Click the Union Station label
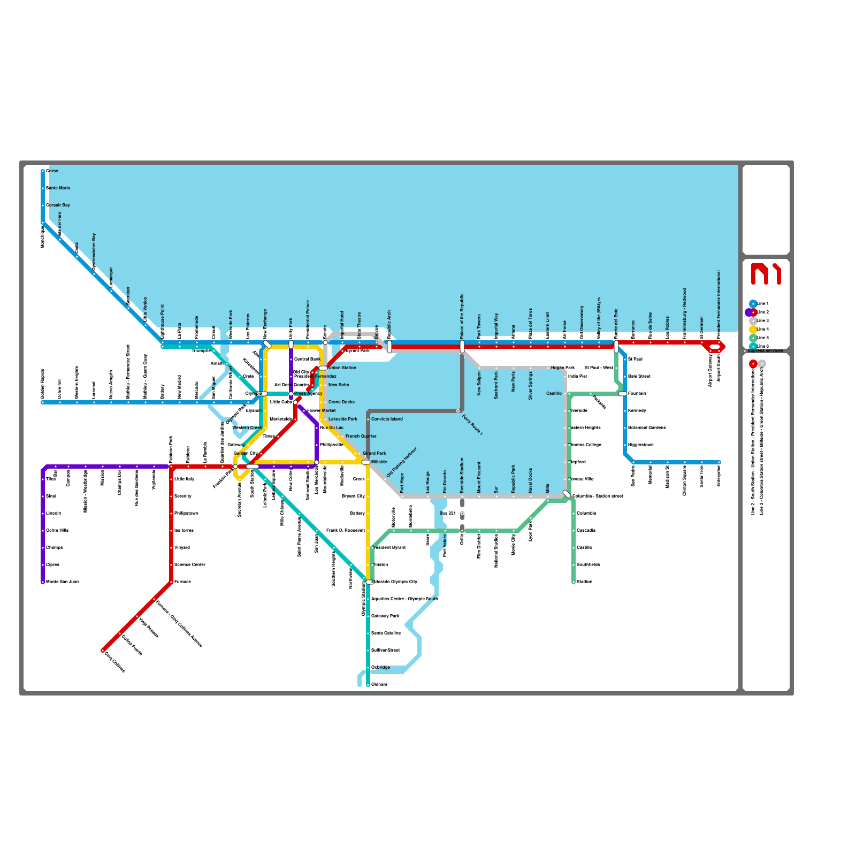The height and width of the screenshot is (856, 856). coord(342,368)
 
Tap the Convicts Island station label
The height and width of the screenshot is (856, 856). coord(387,419)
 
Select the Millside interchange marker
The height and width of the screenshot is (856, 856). coord(366,462)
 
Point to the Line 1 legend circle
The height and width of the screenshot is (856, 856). coord(753,304)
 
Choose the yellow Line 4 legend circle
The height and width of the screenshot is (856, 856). coord(753,330)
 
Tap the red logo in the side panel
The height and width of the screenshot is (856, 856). coord(766,274)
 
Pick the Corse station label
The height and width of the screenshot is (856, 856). coord(52,171)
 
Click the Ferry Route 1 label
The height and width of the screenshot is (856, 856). coord(472,425)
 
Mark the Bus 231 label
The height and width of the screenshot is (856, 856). coord(447,514)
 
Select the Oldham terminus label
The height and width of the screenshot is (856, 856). coord(379,685)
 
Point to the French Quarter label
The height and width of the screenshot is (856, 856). coord(361,437)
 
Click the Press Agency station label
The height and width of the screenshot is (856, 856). coord(308,394)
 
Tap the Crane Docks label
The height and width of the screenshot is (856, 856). coord(341,402)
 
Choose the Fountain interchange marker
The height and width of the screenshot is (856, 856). coord(623,394)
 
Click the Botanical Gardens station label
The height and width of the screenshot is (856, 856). coord(647,428)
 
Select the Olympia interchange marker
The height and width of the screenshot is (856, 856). coord(263,394)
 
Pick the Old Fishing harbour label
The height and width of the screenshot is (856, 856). coord(401,462)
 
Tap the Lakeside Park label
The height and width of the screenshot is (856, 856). coord(342,419)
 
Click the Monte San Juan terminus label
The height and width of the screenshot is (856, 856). coord(62,582)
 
